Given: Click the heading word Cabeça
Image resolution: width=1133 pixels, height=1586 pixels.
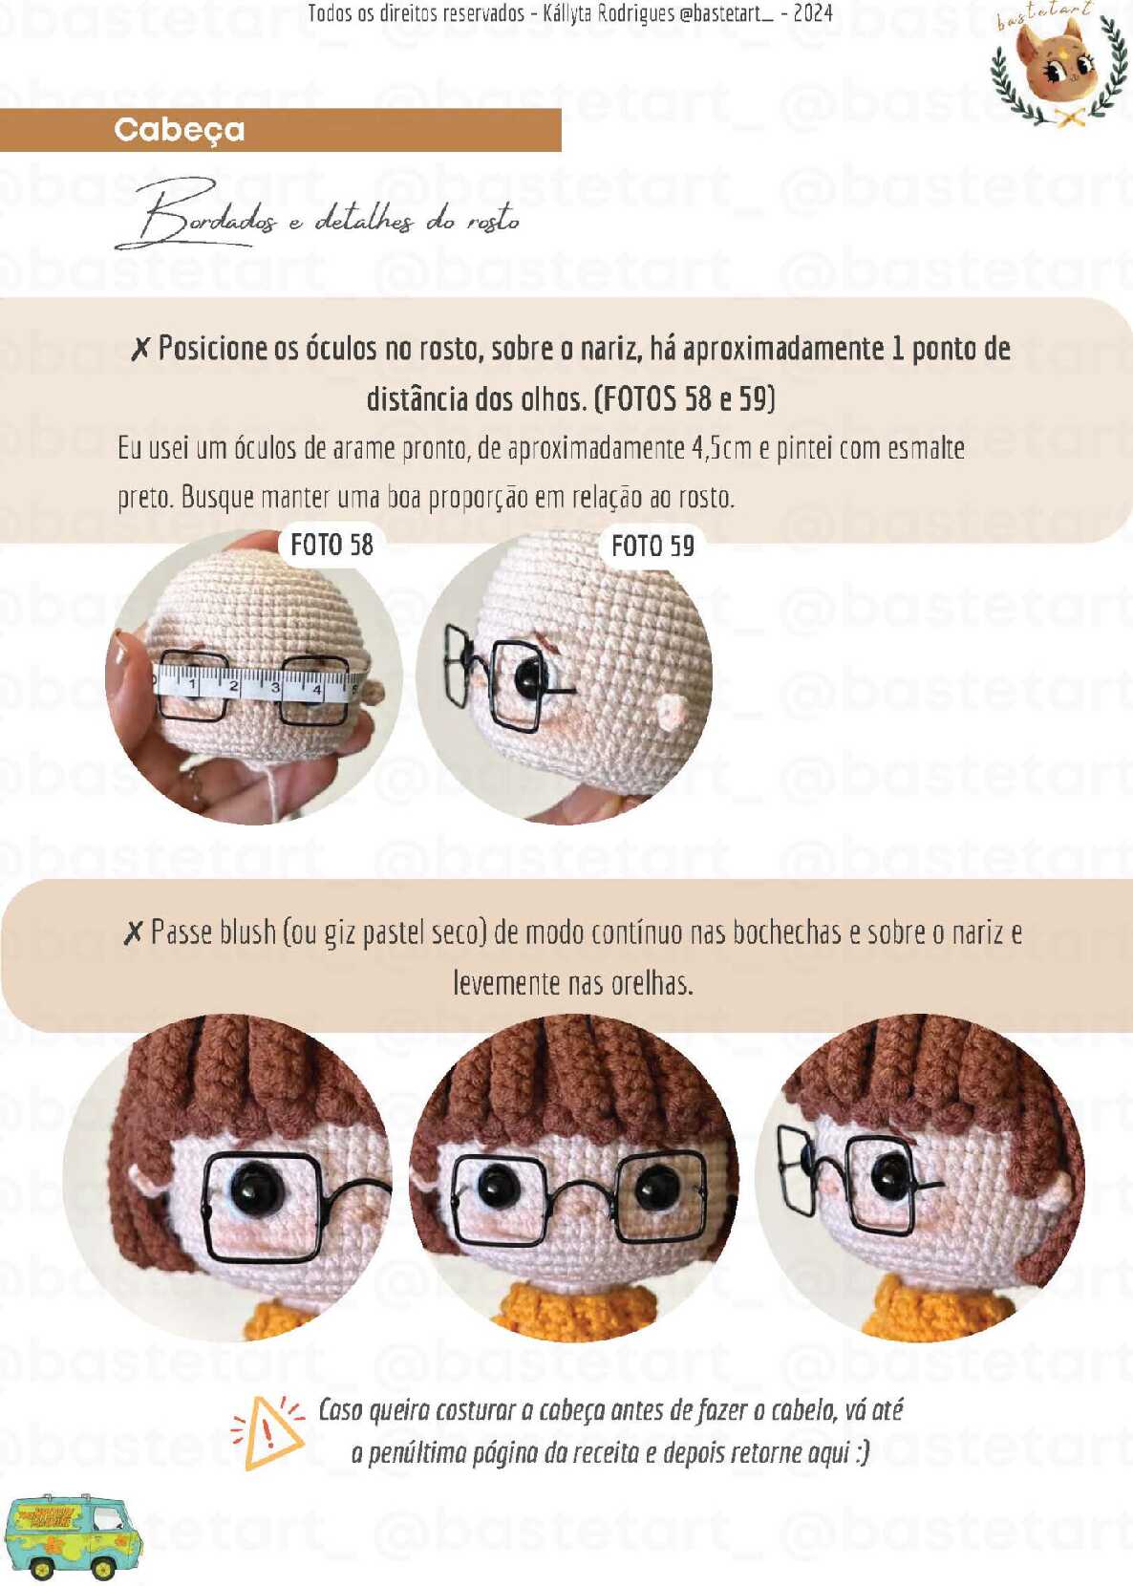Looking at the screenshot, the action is pyautogui.click(x=180, y=130).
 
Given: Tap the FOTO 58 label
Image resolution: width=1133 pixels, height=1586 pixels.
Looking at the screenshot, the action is pyautogui.click(x=331, y=546).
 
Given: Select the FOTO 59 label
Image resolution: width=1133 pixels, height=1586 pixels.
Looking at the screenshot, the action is pyautogui.click(x=652, y=546).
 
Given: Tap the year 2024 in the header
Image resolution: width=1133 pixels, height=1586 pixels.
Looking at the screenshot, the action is pyautogui.click(x=812, y=13).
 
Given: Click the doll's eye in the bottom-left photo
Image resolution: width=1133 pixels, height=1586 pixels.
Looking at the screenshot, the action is pyautogui.click(x=256, y=1187).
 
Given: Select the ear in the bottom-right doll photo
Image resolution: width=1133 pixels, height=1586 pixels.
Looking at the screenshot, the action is pyautogui.click(x=1053, y=1202).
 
